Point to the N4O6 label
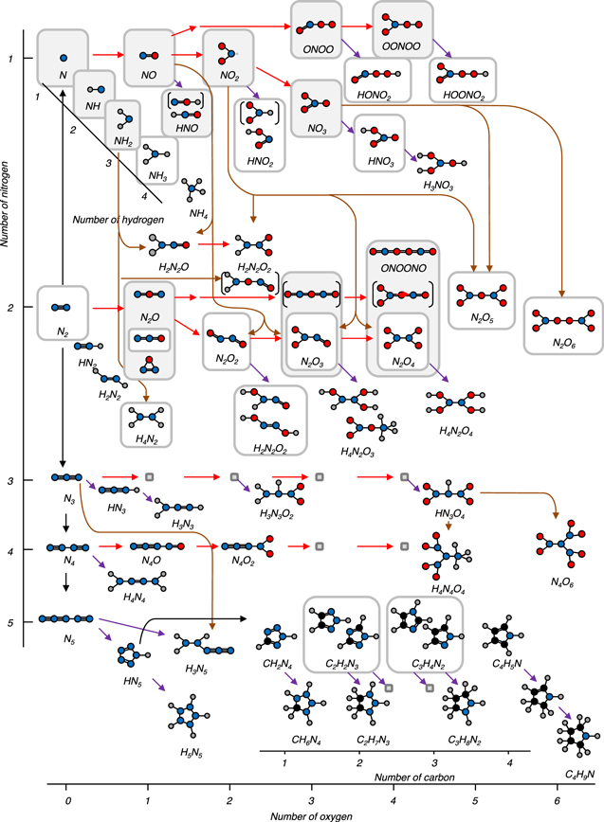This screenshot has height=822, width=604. tap(561, 581)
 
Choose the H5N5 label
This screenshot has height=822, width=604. tap(192, 727)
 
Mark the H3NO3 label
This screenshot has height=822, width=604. tap(435, 187)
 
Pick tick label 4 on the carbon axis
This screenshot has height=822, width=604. tap(509, 760)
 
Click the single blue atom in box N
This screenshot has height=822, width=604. tap(63, 58)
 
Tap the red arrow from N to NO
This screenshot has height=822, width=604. tap(107, 57)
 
